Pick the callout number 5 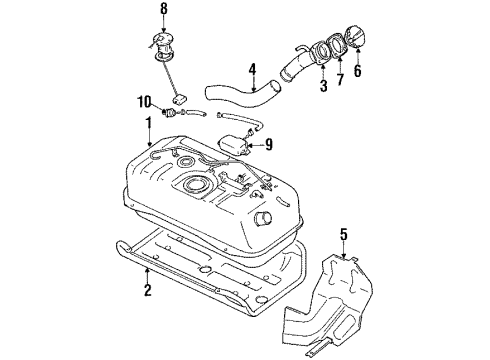344,237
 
